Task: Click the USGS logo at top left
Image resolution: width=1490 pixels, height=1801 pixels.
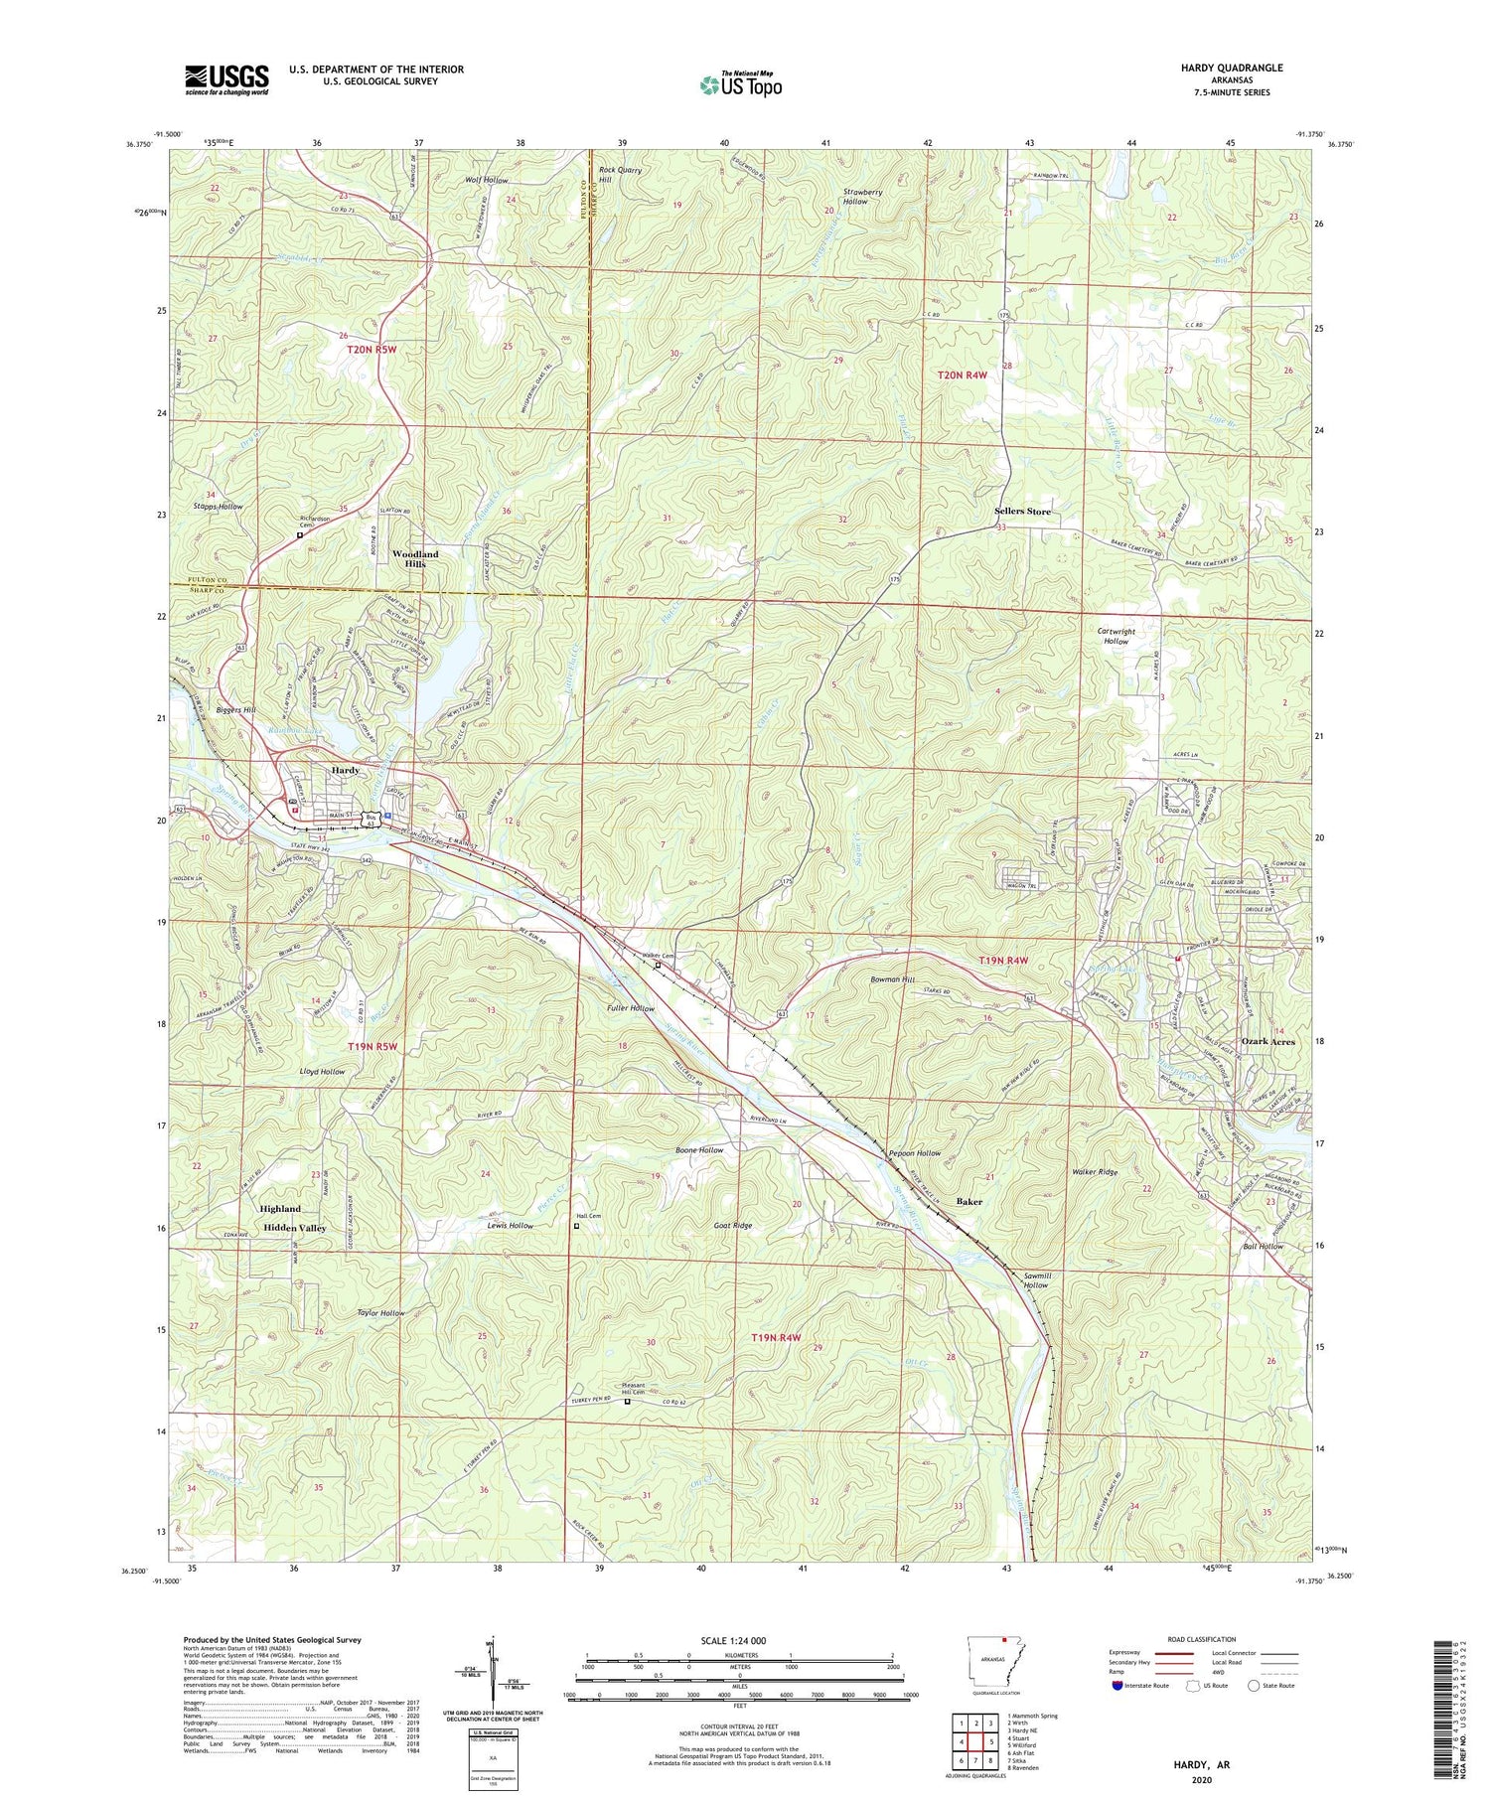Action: tap(226, 79)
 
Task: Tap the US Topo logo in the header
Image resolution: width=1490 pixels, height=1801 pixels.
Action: tap(739, 84)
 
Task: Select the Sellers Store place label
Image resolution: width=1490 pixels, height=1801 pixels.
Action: tap(1022, 512)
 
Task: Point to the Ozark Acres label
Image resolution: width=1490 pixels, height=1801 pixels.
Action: tap(1268, 1041)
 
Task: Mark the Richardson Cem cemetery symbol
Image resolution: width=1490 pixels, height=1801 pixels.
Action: tap(300, 535)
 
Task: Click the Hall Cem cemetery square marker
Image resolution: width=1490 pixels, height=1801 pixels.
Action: tap(578, 1226)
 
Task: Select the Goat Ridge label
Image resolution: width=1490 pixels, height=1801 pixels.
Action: tap(733, 1225)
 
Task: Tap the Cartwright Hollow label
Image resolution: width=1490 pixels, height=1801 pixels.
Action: tap(1116, 636)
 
